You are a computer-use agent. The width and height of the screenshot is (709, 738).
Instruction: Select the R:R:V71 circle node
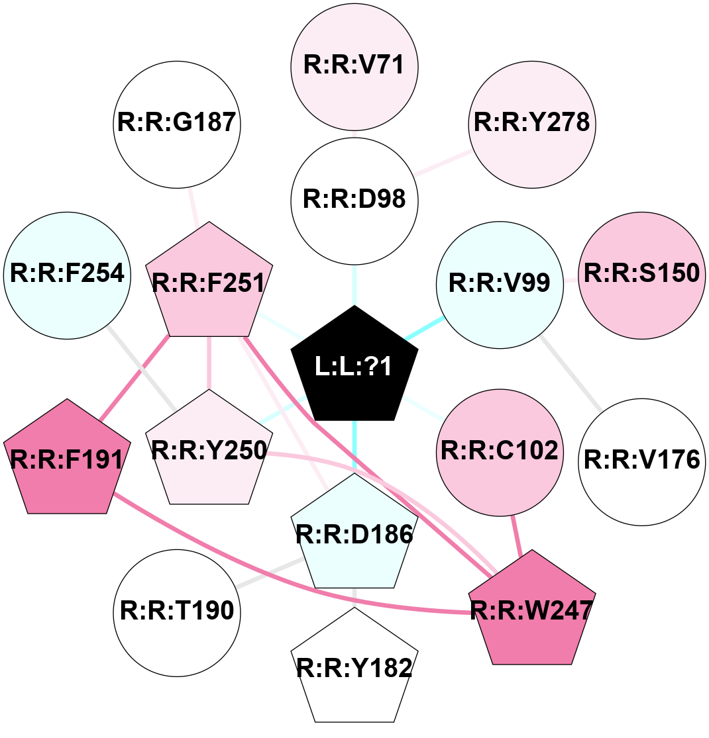click(354, 67)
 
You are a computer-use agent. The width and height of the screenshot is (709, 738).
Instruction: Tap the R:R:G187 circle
click(177, 124)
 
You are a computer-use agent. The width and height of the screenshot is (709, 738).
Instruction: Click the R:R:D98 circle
click(354, 201)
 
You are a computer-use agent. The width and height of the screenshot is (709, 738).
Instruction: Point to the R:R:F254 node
click(68, 275)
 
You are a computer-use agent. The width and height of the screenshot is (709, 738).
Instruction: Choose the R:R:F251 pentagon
click(209, 283)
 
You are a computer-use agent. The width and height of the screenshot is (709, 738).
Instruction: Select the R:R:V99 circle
click(500, 285)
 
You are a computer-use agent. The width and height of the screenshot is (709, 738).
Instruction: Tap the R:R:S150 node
click(642, 275)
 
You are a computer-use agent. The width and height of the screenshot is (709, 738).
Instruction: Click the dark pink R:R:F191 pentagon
click(68, 459)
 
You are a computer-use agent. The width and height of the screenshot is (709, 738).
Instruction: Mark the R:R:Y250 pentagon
click(209, 450)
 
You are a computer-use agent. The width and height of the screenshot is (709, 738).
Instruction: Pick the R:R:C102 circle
click(500, 452)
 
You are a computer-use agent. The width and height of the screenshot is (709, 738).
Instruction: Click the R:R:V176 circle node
click(642, 462)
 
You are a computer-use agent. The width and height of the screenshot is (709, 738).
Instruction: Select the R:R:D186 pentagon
click(354, 533)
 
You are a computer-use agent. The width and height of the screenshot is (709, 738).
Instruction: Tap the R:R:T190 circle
click(177, 613)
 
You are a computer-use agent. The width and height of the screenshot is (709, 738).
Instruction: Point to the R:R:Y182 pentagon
click(354, 668)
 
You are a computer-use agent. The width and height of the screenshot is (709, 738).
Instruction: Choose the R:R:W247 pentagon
click(532, 610)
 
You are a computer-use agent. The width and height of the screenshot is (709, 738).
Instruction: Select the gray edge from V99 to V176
click(571, 373)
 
